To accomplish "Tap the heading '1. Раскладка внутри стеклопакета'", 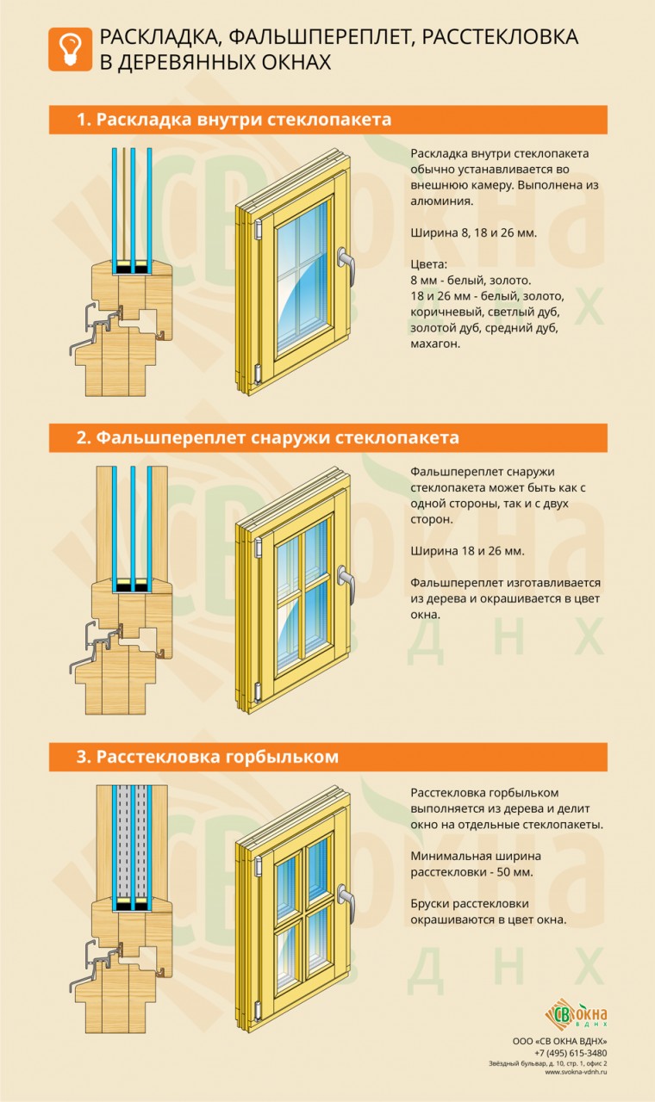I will (x=234, y=120).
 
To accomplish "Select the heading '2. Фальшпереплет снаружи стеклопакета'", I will (x=268, y=438).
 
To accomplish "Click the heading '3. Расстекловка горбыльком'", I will (x=208, y=757).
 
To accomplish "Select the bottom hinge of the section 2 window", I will (x=257, y=690).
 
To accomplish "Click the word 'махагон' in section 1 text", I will (x=436, y=343).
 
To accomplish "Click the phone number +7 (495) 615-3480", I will (x=570, y=1052).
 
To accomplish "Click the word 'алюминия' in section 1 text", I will (x=441, y=201).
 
